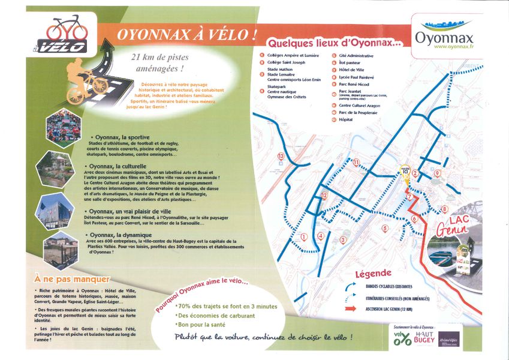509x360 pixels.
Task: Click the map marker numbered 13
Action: click(281, 157)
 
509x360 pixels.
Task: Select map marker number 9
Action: click(437, 173)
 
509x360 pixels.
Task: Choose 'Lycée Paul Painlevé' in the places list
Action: click(356, 77)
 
